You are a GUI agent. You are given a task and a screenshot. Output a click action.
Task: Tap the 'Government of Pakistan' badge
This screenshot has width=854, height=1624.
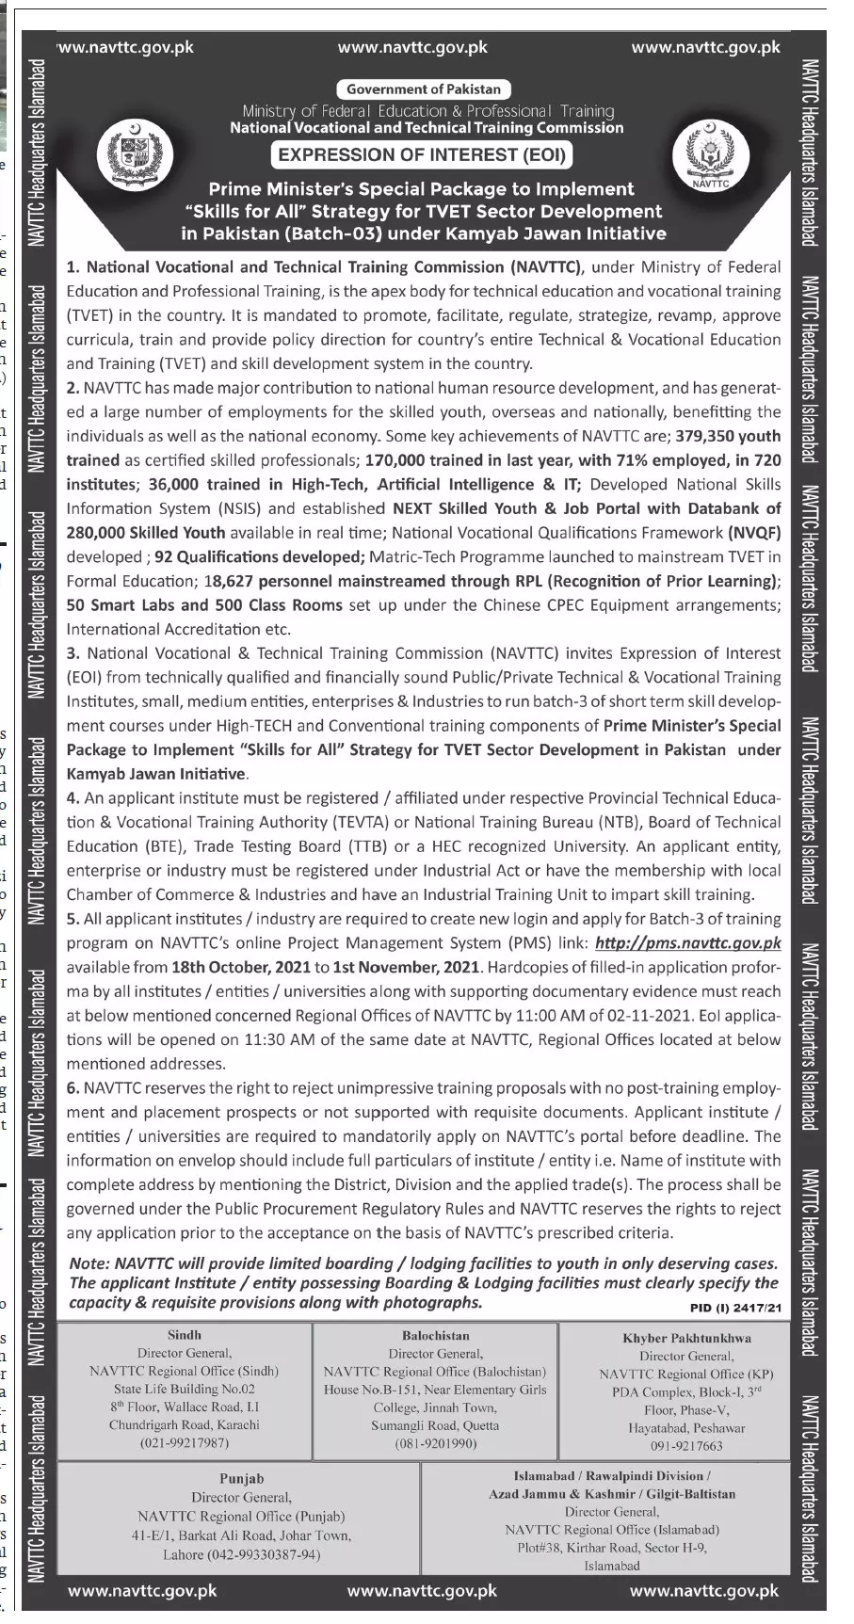(424, 89)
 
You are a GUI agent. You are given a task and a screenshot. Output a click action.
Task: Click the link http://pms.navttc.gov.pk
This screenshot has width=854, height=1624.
(688, 942)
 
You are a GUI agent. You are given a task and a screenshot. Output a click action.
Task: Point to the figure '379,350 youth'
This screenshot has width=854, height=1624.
(733, 436)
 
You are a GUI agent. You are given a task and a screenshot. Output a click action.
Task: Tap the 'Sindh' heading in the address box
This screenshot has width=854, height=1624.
(184, 1335)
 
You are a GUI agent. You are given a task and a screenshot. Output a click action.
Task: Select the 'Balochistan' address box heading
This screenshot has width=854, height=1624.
(435, 1335)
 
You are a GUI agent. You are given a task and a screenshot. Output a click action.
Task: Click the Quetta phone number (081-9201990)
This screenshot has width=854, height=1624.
(435, 1443)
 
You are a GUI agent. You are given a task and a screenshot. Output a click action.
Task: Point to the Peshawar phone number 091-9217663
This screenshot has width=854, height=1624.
(686, 1446)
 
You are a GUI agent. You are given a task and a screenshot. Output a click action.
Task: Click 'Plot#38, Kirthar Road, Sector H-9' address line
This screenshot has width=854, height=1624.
(611, 1548)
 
